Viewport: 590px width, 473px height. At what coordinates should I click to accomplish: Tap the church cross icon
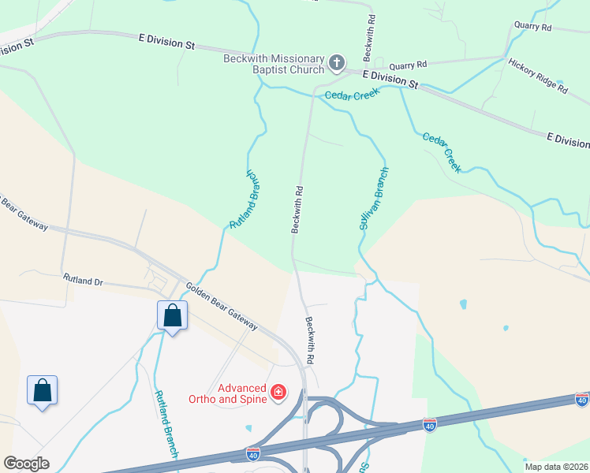pos(337,62)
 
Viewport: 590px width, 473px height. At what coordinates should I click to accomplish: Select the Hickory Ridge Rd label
pos(538,76)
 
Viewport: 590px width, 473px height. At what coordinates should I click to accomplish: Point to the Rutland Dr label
pos(83,280)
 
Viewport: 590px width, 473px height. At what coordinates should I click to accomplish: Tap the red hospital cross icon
pos(278,392)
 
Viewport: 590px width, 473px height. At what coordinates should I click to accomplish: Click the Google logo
pos(26,464)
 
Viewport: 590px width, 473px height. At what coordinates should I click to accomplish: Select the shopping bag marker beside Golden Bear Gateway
pos(172,317)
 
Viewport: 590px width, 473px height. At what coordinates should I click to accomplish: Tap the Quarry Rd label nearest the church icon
pos(407,64)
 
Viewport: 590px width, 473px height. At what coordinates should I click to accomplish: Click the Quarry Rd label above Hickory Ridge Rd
pos(532,27)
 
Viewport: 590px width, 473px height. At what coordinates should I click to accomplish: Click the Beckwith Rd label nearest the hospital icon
pos(311,340)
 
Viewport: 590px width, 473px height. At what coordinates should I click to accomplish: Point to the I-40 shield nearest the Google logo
pos(253,455)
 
